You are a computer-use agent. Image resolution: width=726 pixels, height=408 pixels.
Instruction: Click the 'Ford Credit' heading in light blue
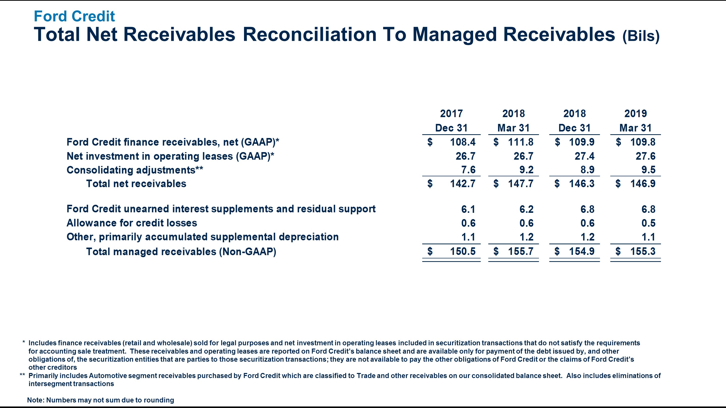pyautogui.click(x=74, y=16)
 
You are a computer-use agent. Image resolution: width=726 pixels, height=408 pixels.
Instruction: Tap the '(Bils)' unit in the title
pyautogui.click(x=641, y=36)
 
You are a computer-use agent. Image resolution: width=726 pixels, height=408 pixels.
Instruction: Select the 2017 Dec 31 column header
pyautogui.click(x=451, y=121)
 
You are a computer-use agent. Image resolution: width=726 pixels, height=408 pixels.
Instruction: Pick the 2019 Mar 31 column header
pyautogui.click(x=635, y=121)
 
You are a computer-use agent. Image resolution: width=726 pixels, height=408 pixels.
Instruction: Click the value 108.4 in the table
pyautogui.click(x=463, y=142)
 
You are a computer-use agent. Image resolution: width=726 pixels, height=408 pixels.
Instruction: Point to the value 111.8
pyautogui.click(x=521, y=142)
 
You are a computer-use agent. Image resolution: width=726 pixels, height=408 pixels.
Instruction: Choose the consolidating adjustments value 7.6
pyautogui.click(x=468, y=170)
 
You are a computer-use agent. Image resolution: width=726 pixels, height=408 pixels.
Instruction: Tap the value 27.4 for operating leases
pyautogui.click(x=585, y=156)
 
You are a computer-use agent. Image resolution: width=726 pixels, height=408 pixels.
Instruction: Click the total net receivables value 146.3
pyautogui.click(x=582, y=184)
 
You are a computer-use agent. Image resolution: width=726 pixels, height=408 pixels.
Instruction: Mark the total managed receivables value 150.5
pyautogui.click(x=463, y=251)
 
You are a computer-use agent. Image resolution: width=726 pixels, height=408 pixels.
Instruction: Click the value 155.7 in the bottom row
pyautogui.click(x=521, y=251)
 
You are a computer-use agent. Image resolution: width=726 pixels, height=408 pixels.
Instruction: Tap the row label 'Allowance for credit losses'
pyautogui.click(x=132, y=223)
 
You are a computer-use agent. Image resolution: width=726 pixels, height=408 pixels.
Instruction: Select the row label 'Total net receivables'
pyautogui.click(x=136, y=184)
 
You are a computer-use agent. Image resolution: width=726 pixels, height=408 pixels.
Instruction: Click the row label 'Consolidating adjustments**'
pyautogui.click(x=135, y=170)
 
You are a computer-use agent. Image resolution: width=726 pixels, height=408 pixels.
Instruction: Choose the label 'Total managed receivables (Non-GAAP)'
pyautogui.click(x=181, y=251)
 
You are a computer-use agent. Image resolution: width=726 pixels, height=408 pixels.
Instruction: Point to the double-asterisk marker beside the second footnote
pyautogui.click(x=22, y=375)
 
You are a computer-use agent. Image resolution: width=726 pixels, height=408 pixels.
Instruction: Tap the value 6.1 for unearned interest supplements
pyautogui.click(x=468, y=209)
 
